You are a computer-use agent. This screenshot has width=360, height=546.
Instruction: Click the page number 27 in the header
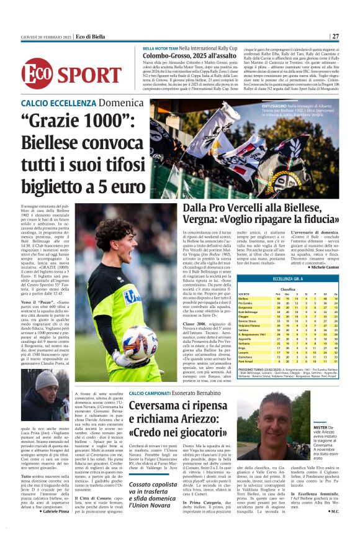pyautogui.click(x=335, y=37)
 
